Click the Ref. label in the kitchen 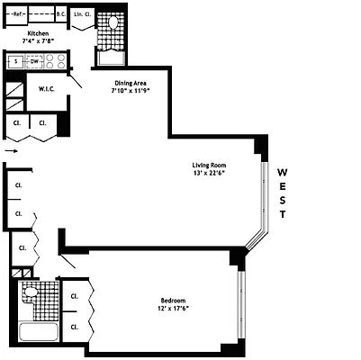[19, 15]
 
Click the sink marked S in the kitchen [15, 62]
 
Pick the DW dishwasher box [35, 62]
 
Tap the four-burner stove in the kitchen [57, 62]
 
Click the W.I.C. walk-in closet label [49, 89]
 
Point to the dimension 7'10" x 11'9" [130, 91]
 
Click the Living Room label [209, 166]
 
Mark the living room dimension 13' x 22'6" [209, 174]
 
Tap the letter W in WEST [282, 172]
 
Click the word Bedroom [174, 301]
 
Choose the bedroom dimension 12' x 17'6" [174, 309]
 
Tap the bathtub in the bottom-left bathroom [37, 334]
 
